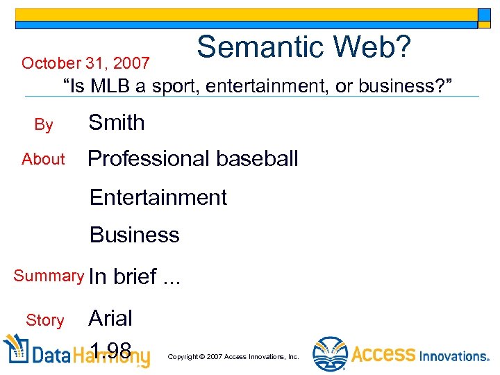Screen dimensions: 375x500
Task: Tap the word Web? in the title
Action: pos(379,47)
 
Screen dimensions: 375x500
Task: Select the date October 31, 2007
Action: pos(85,64)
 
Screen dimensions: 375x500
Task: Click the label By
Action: pos(44,125)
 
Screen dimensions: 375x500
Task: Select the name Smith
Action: pos(117,123)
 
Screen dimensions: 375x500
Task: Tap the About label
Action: pos(43,159)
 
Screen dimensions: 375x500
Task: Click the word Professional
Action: pos(147,158)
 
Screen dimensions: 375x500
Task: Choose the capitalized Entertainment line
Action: pos(158,197)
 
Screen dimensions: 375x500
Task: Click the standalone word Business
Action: pos(135,235)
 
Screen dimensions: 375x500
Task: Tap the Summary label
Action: pos(49,276)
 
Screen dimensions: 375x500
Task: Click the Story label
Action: pos(44,320)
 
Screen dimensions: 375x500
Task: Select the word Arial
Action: pos(110,318)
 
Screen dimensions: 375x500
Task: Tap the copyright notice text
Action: pos(233,357)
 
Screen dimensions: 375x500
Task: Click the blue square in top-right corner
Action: pos(484,17)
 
